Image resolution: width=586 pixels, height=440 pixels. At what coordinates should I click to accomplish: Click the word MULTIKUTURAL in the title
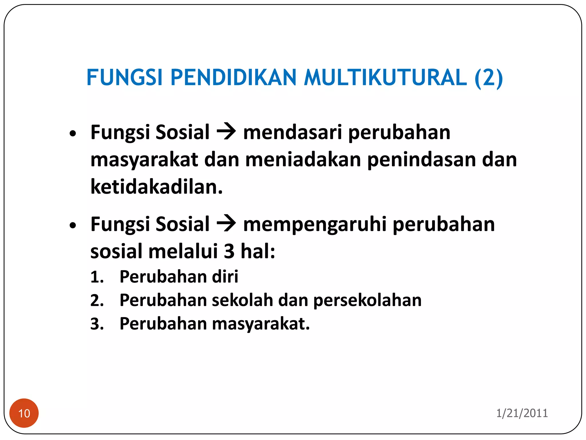click(385, 78)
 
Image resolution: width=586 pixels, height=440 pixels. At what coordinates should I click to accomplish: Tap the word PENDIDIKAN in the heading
click(233, 78)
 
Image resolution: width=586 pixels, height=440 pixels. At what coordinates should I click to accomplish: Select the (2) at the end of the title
click(488, 78)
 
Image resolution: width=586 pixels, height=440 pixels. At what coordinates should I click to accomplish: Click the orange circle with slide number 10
click(24, 413)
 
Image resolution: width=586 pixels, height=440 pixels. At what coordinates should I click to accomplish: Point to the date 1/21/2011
click(522, 413)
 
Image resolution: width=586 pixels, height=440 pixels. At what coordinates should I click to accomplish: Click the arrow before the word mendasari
click(226, 132)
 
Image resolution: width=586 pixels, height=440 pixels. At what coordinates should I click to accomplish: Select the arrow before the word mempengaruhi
click(226, 224)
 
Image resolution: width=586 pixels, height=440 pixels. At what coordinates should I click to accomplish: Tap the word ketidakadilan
click(157, 187)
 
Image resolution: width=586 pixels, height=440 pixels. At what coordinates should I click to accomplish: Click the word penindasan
click(422, 160)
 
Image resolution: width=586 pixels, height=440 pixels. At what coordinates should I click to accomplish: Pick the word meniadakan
click(303, 160)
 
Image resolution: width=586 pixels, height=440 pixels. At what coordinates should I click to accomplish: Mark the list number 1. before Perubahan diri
click(97, 277)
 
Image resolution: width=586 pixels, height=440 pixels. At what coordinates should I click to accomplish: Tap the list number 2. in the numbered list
click(97, 300)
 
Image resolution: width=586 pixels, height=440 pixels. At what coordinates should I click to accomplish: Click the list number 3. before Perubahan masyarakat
click(97, 324)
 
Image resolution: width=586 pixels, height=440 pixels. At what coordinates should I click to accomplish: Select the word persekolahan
click(367, 300)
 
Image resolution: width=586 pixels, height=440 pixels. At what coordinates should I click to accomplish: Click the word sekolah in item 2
click(242, 300)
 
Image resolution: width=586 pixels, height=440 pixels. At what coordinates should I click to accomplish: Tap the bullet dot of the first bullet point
click(73, 133)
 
